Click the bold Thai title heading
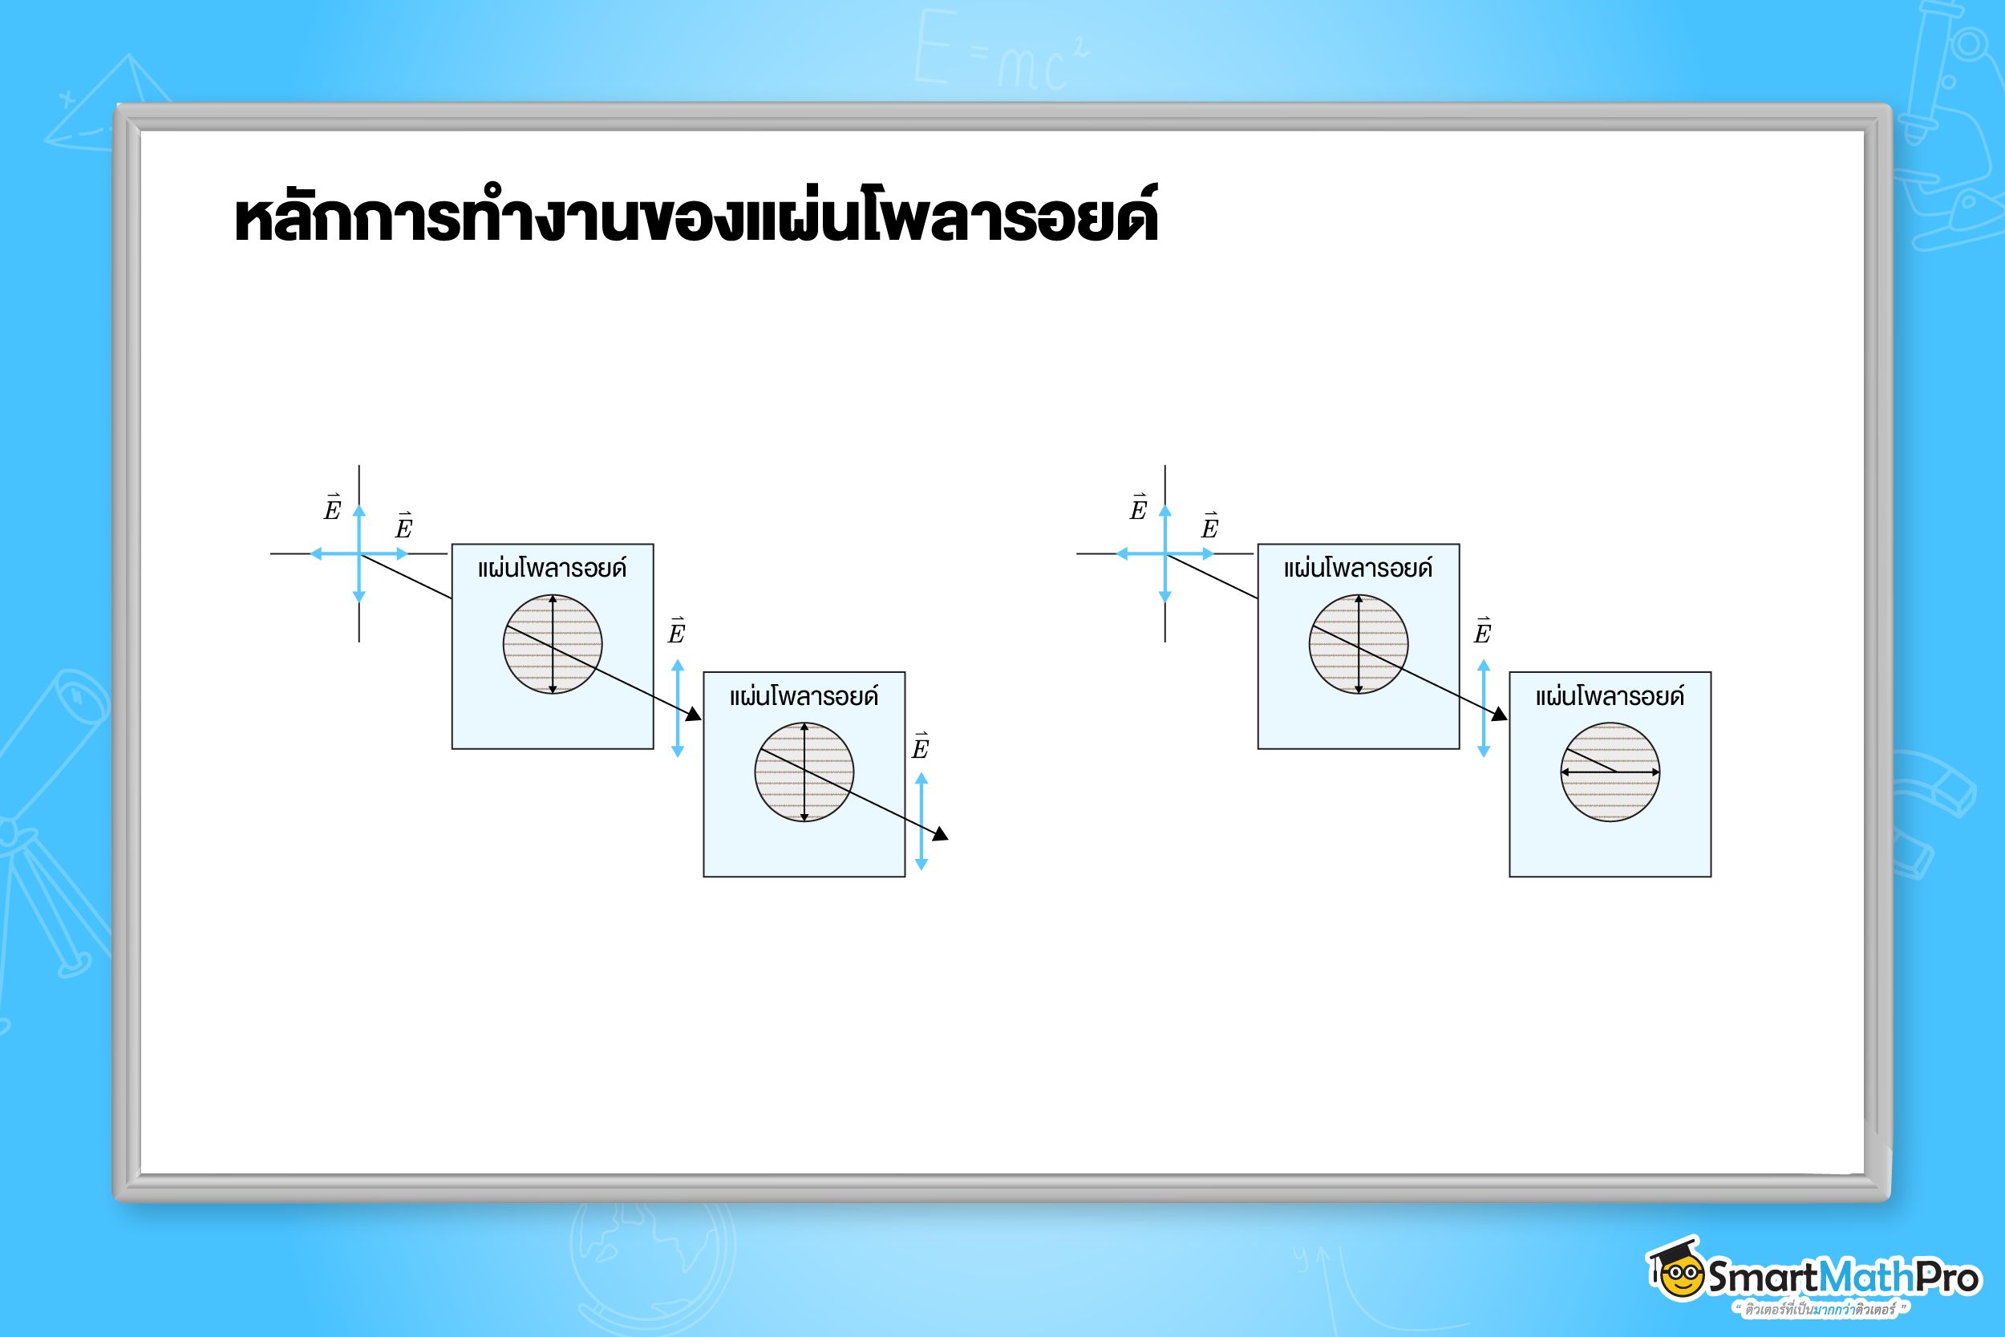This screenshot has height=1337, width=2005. [695, 215]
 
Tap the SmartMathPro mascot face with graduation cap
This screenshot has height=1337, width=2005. [1679, 1272]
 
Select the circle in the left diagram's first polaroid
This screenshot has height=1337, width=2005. [553, 644]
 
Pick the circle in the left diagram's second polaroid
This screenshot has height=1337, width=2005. [804, 772]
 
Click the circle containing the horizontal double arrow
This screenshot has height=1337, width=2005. [1610, 772]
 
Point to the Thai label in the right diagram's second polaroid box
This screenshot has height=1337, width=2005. [1610, 697]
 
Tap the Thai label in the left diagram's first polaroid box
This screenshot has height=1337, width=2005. [553, 568]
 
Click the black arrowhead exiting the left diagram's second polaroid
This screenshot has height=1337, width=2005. [940, 834]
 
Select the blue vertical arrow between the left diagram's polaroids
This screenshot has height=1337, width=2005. [678, 707]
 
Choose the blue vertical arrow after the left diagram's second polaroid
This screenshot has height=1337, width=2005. [921, 821]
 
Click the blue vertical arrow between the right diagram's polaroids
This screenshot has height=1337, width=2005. [1483, 707]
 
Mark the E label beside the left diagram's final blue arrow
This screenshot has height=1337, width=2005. [920, 746]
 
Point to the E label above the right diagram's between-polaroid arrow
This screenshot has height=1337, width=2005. [1482, 631]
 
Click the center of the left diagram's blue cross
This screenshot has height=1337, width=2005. [358, 553]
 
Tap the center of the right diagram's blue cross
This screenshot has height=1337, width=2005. [1165, 553]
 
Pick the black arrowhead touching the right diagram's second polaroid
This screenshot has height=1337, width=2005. [1500, 714]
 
